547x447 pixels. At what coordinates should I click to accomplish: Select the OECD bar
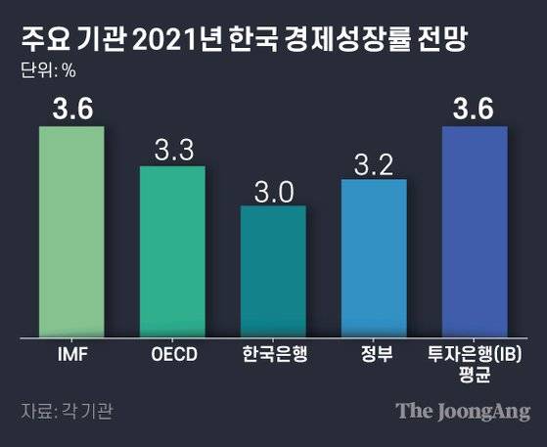pos(172,251)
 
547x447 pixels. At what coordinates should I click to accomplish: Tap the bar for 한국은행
pos(273,271)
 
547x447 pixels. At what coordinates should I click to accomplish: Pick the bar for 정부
pos(374,258)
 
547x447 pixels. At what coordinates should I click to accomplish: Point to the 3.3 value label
pos(172,150)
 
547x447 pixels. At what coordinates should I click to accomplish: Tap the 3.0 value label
pos(273,189)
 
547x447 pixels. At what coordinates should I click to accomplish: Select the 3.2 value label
pos(374,162)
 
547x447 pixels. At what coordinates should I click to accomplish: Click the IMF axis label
pos(71,354)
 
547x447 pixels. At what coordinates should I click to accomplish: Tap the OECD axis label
pos(172,354)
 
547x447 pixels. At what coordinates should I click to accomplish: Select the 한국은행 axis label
pos(273,354)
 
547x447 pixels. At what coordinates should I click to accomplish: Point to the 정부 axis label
pos(374,354)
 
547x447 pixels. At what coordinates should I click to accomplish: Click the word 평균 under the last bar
pos(475,375)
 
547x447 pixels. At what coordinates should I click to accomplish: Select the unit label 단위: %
pos(47,70)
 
